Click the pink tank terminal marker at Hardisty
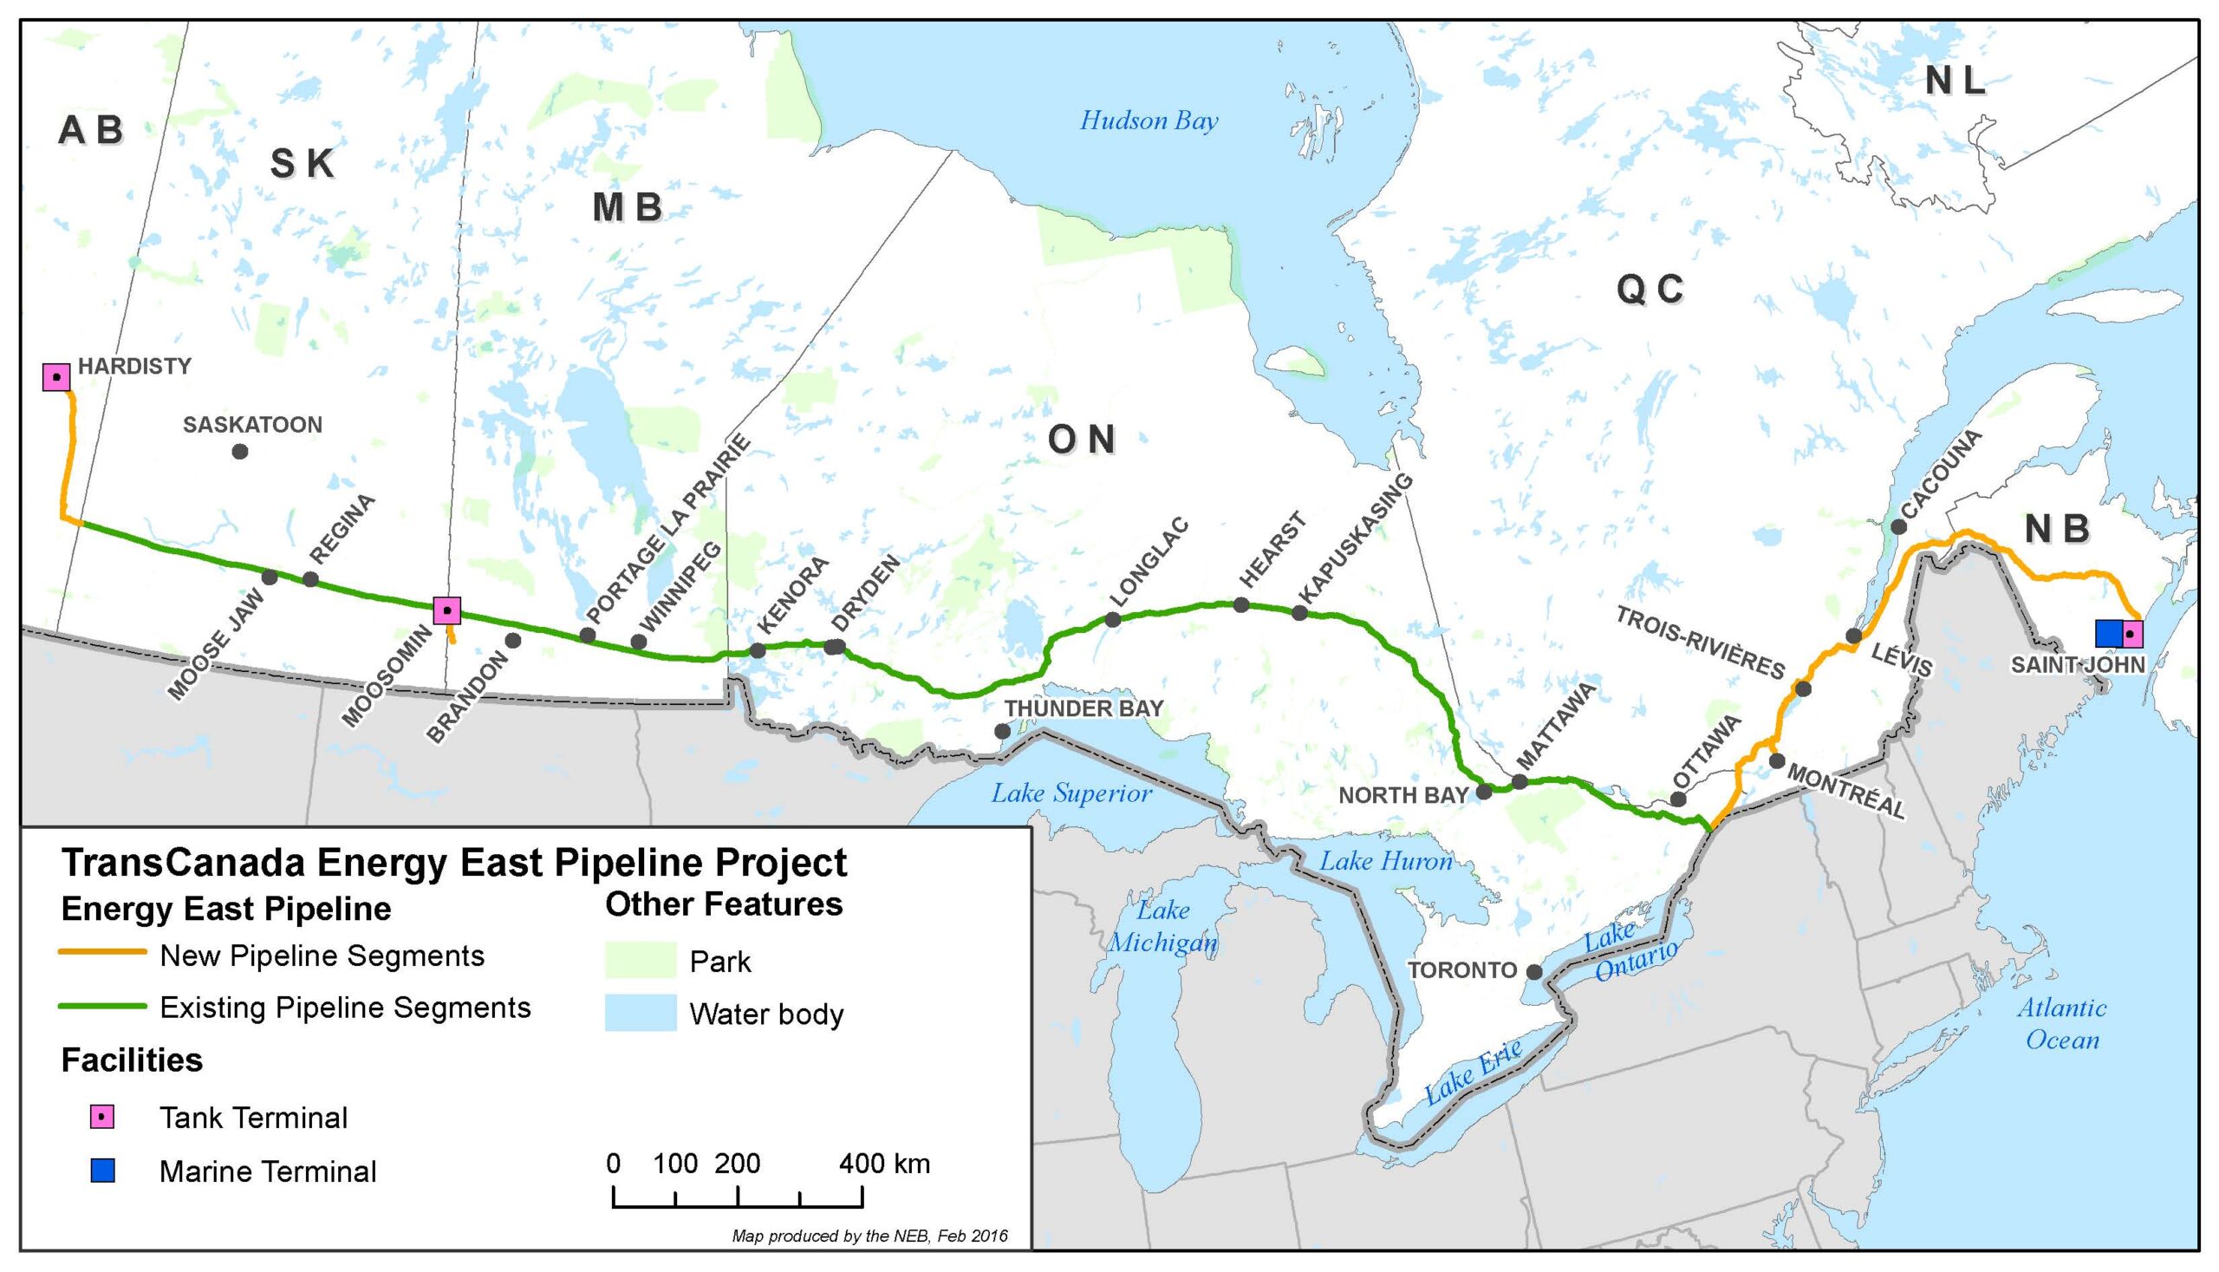56,377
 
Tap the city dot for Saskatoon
240,452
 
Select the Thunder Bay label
1083,708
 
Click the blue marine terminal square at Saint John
2108,633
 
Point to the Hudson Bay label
1149,121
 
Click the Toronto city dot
1534,971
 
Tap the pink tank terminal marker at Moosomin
447,610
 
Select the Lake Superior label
1070,793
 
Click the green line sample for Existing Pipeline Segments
102,1007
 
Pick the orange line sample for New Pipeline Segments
102,952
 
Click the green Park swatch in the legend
641,961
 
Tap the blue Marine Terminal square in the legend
103,1171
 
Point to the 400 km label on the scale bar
885,1164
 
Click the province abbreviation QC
1650,290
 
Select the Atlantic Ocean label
2062,1024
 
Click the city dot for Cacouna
1898,527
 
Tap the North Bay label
1403,795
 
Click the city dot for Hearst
1241,604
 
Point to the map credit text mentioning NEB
869,1236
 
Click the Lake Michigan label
1163,927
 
